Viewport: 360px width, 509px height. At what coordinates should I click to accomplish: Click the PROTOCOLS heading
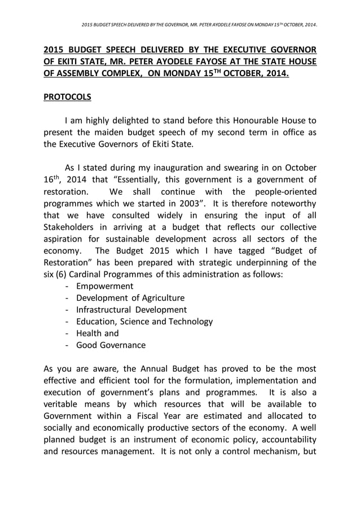[67, 97]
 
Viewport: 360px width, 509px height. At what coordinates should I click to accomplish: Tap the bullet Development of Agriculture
[130, 298]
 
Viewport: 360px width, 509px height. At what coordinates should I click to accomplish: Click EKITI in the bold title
[69, 62]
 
